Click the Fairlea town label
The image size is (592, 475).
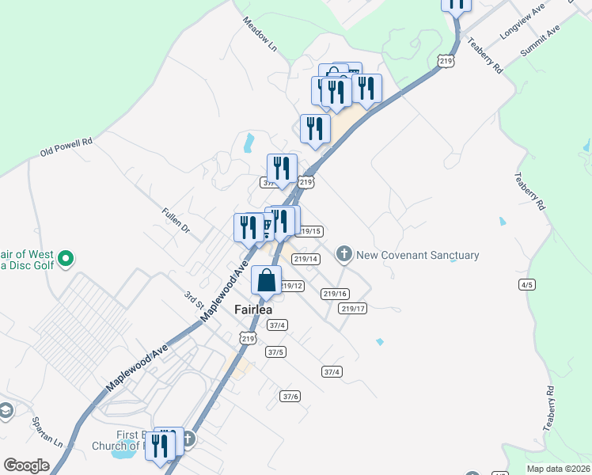(x=253, y=310)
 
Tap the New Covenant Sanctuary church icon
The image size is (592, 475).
(x=343, y=255)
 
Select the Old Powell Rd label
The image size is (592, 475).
(x=67, y=147)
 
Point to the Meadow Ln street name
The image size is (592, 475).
(x=260, y=35)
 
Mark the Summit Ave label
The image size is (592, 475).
(x=541, y=40)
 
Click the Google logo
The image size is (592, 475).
(x=26, y=465)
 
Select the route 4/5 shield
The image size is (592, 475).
(x=527, y=284)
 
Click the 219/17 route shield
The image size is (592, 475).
(x=353, y=309)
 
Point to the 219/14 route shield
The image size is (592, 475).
(x=305, y=259)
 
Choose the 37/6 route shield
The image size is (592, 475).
(x=290, y=396)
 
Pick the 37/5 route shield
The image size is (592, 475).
(x=276, y=351)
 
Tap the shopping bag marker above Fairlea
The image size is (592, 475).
(x=267, y=280)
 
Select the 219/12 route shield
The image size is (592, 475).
(x=291, y=286)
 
